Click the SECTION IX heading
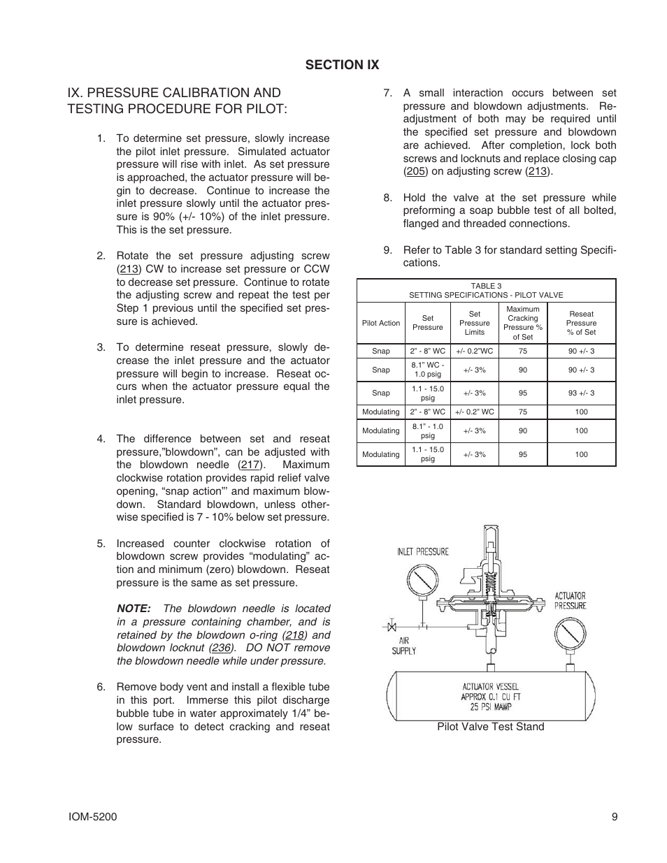(342, 64)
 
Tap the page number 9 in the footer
(613, 817)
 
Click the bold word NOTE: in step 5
(134, 609)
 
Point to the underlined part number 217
(250, 465)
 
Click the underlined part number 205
(415, 171)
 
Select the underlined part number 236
(221, 648)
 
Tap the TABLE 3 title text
(486, 286)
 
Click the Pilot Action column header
(381, 323)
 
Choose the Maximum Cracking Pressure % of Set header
(522, 323)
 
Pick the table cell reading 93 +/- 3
(581, 393)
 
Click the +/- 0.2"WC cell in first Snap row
(474, 351)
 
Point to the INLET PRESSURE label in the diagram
(423, 551)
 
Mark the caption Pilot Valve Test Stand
(490, 727)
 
